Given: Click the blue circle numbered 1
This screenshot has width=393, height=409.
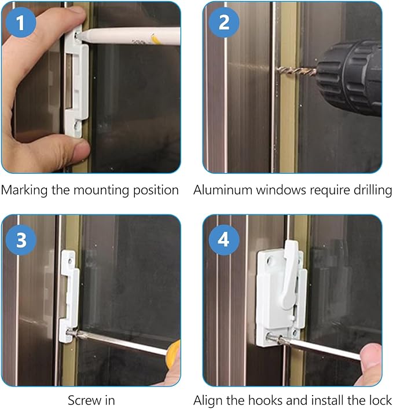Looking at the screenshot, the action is [21, 23].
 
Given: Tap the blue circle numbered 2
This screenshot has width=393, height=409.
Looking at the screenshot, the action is [224, 23].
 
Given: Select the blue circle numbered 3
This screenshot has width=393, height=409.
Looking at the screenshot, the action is [21, 240].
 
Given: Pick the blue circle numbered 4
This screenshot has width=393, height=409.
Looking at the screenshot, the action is [224, 240].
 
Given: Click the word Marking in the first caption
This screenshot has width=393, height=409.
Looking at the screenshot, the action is [24, 191].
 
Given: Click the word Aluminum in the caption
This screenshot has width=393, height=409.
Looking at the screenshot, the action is [223, 190].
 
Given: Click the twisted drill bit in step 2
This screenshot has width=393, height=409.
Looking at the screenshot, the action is [296, 71].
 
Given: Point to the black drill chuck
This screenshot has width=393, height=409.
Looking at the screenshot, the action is [349, 78].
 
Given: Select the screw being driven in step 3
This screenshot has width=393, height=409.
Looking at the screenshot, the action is [72, 333].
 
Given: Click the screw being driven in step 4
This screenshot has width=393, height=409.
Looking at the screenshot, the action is [274, 338].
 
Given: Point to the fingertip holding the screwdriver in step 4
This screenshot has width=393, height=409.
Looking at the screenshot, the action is [371, 357].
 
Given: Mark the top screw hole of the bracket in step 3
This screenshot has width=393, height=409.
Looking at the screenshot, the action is [70, 261].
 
